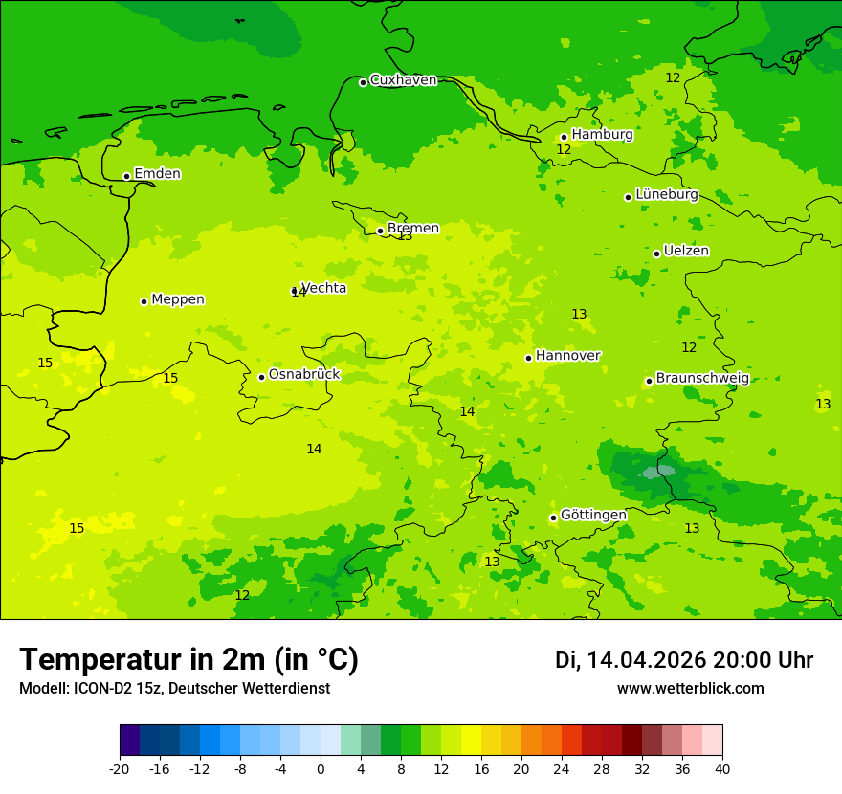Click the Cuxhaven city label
point(403,80)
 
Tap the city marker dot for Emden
point(126,176)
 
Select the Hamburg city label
point(602,135)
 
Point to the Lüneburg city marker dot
point(628,197)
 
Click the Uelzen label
point(686,251)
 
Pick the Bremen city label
point(412,229)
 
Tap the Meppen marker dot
point(144,301)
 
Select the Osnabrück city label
point(304,375)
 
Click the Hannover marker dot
point(528,358)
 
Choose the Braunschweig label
point(702,379)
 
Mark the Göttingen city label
point(593,516)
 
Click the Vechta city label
point(323,288)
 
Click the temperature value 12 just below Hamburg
point(564,150)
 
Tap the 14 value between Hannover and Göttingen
point(467,412)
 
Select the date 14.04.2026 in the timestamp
point(646,660)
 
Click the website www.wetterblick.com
point(690,689)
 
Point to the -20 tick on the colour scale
point(120,768)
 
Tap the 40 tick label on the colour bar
point(722,768)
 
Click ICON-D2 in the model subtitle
point(98,689)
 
